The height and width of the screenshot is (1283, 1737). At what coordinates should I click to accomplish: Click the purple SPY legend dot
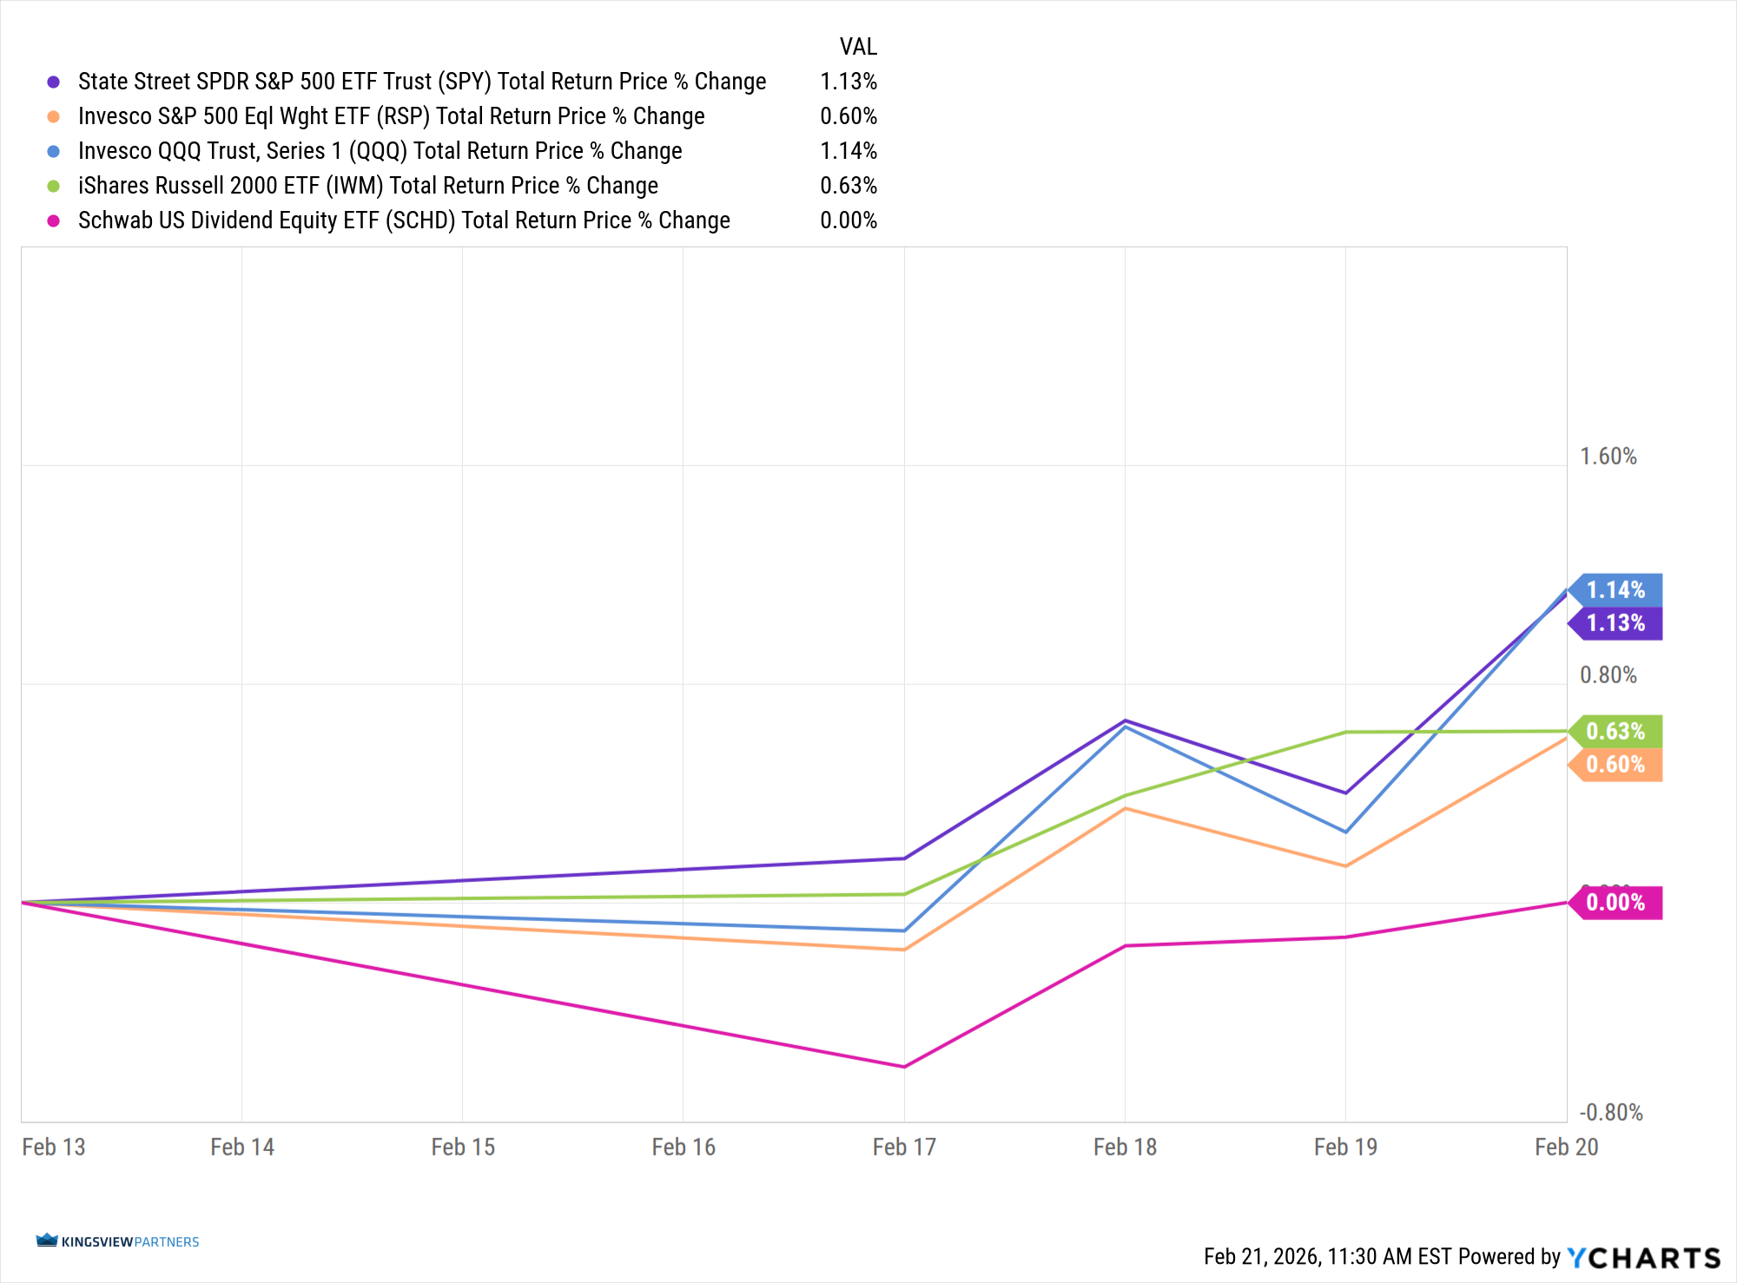[x=54, y=82]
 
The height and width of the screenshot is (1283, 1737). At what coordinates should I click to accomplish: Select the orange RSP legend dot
[x=54, y=116]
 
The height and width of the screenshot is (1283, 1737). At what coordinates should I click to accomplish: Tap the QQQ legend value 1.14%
[x=848, y=151]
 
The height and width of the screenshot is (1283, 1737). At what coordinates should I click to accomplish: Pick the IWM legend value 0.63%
[x=848, y=186]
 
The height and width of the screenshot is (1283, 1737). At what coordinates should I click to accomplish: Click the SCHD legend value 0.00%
[x=848, y=220]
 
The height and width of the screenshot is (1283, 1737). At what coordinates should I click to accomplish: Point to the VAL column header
[x=858, y=47]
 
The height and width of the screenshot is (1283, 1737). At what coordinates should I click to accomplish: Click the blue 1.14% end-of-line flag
[x=1616, y=590]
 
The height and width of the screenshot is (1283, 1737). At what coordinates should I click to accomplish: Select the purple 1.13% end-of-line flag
[x=1616, y=623]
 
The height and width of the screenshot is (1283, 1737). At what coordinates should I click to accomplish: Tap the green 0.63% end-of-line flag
[x=1616, y=732]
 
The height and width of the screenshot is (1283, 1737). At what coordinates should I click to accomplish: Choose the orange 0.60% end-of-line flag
[x=1616, y=765]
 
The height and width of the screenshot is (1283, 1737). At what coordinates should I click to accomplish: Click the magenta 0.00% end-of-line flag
[x=1616, y=903]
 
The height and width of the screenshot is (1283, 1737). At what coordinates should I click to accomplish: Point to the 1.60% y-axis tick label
[x=1608, y=457]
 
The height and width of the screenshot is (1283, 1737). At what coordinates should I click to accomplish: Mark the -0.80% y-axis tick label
[x=1610, y=1113]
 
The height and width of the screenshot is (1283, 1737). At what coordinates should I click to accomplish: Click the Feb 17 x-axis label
[x=904, y=1148]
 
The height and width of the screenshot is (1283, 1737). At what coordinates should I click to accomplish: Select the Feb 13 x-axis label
[x=54, y=1148]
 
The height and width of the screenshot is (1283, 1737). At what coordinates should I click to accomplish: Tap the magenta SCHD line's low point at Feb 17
[x=904, y=1067]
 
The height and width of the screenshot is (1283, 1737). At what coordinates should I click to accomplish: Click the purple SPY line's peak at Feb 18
[x=1126, y=720]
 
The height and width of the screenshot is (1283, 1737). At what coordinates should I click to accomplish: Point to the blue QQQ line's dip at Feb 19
[x=1345, y=832]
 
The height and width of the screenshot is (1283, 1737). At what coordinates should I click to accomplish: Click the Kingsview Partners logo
[x=118, y=1241]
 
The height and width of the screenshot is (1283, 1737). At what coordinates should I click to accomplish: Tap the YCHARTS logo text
[x=1643, y=1258]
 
